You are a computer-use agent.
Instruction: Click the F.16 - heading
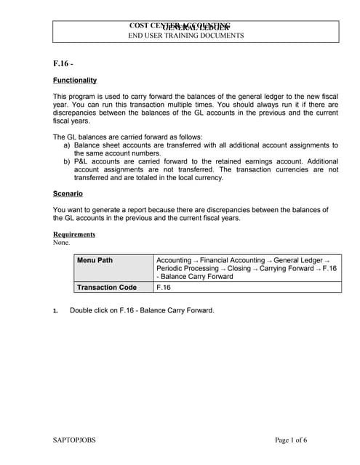coord(63,64)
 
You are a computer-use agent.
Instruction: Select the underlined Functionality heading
coord(75,81)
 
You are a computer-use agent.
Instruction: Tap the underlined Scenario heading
coord(68,194)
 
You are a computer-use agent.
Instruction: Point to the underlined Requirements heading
coord(74,234)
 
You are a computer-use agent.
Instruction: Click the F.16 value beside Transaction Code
coord(164,287)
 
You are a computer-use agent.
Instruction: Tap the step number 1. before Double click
coord(55,311)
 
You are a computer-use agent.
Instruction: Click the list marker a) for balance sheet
coord(67,145)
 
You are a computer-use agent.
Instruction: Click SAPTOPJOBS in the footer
coord(74,440)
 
